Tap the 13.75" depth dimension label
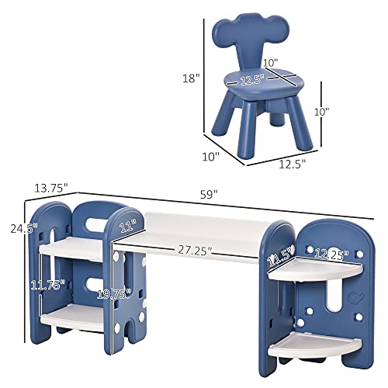[x=50, y=187]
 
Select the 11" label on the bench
[x=126, y=227]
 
